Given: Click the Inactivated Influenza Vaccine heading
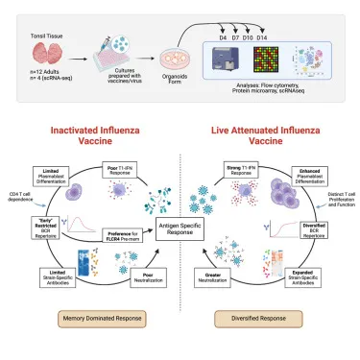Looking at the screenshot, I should pos(90,135).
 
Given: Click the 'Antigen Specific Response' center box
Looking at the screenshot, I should pos(180,228).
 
